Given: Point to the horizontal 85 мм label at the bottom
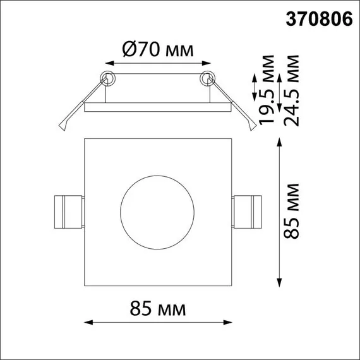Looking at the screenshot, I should coord(158,309).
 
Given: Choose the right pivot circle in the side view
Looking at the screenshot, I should coord(207,79).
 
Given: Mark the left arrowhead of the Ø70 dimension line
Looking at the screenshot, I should coord(108,63).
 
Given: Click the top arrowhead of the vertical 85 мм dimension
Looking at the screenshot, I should coord(280,141).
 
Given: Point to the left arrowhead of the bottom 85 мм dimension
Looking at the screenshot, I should coord(88,323).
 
